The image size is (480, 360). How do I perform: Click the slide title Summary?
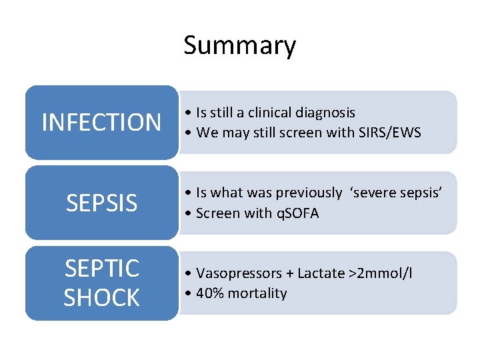239,46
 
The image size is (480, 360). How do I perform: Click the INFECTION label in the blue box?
101,123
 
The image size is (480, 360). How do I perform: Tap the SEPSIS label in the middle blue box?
101,203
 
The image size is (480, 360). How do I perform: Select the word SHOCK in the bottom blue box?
101,297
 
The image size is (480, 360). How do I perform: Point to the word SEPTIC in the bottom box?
101,269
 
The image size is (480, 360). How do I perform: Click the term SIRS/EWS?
388,133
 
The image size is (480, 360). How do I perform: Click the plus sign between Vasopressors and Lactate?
289,273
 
